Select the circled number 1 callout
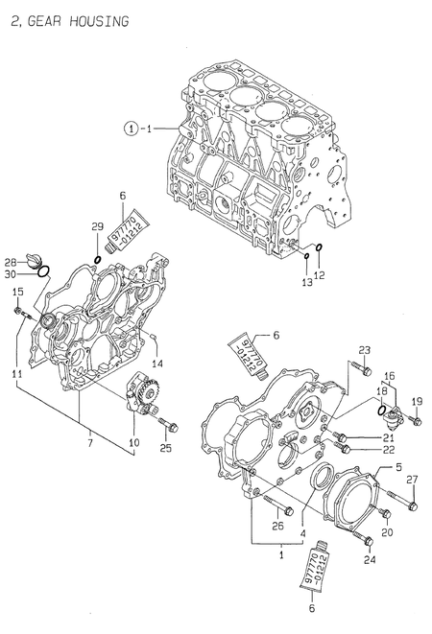point(131,128)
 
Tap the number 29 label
point(97,225)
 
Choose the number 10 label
point(134,443)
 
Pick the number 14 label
point(158,363)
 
